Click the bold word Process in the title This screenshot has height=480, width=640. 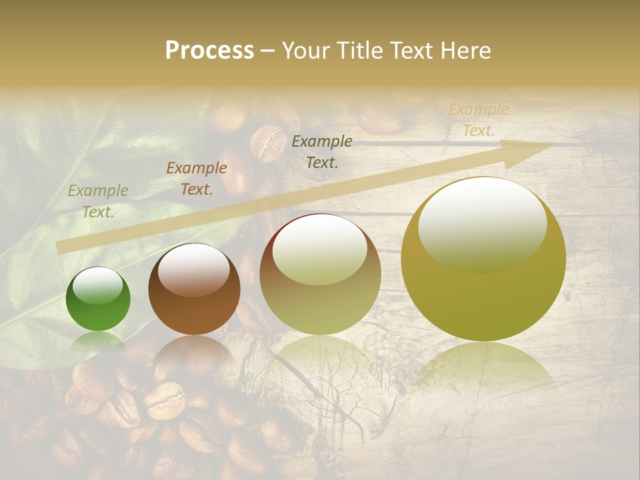point(209,50)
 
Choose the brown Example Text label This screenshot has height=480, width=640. point(197,179)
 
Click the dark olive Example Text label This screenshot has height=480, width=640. point(322,151)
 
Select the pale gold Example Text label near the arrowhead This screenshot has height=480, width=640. point(479,120)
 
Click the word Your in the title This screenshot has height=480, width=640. point(305,50)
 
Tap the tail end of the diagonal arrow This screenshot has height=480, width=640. point(60,247)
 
